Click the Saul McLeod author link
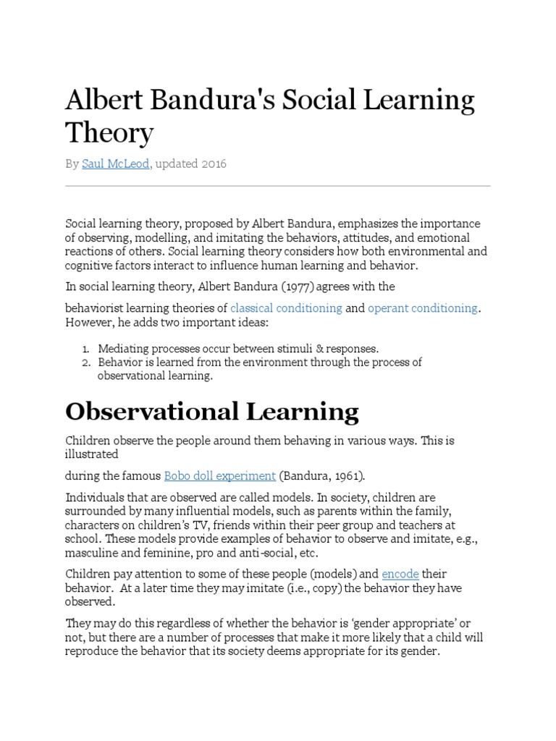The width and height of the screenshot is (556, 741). pyautogui.click(x=116, y=164)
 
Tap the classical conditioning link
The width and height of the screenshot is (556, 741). pyautogui.click(x=286, y=308)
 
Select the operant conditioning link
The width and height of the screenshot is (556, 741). pyautogui.click(x=423, y=308)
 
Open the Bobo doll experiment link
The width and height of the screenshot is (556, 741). pyautogui.click(x=220, y=475)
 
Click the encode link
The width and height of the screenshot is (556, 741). pyautogui.click(x=400, y=574)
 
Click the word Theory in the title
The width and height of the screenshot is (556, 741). pyautogui.click(x=109, y=132)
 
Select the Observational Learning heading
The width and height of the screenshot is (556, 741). pyautogui.click(x=212, y=412)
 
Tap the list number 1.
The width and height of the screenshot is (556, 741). pyautogui.click(x=87, y=349)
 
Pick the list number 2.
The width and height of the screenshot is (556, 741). pyautogui.click(x=87, y=362)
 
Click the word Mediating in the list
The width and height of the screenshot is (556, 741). pyautogui.click(x=123, y=349)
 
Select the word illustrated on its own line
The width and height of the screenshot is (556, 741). pyautogui.click(x=92, y=454)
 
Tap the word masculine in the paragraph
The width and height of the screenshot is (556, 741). pyautogui.click(x=92, y=554)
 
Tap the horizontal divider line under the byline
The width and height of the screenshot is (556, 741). pyautogui.click(x=278, y=186)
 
